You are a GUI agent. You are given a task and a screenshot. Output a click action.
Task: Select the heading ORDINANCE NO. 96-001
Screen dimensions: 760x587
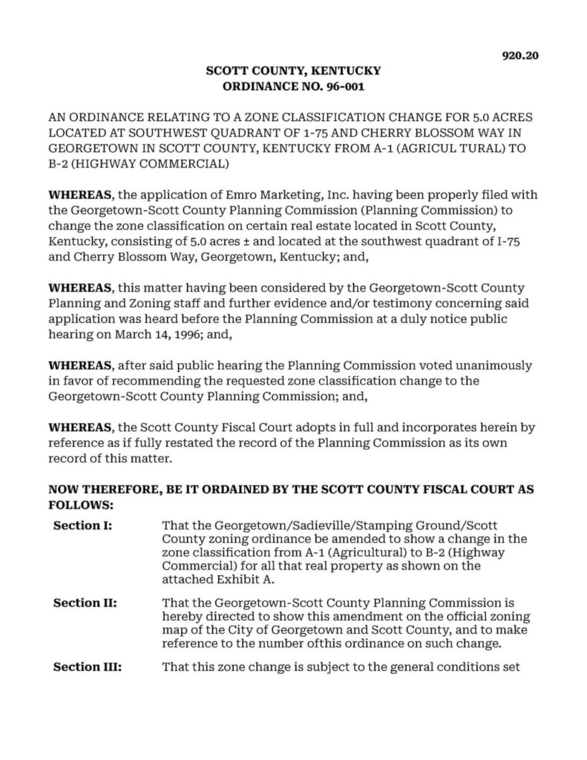click(x=292, y=86)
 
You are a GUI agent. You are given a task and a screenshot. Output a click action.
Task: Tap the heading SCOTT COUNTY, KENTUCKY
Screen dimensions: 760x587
click(x=292, y=71)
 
